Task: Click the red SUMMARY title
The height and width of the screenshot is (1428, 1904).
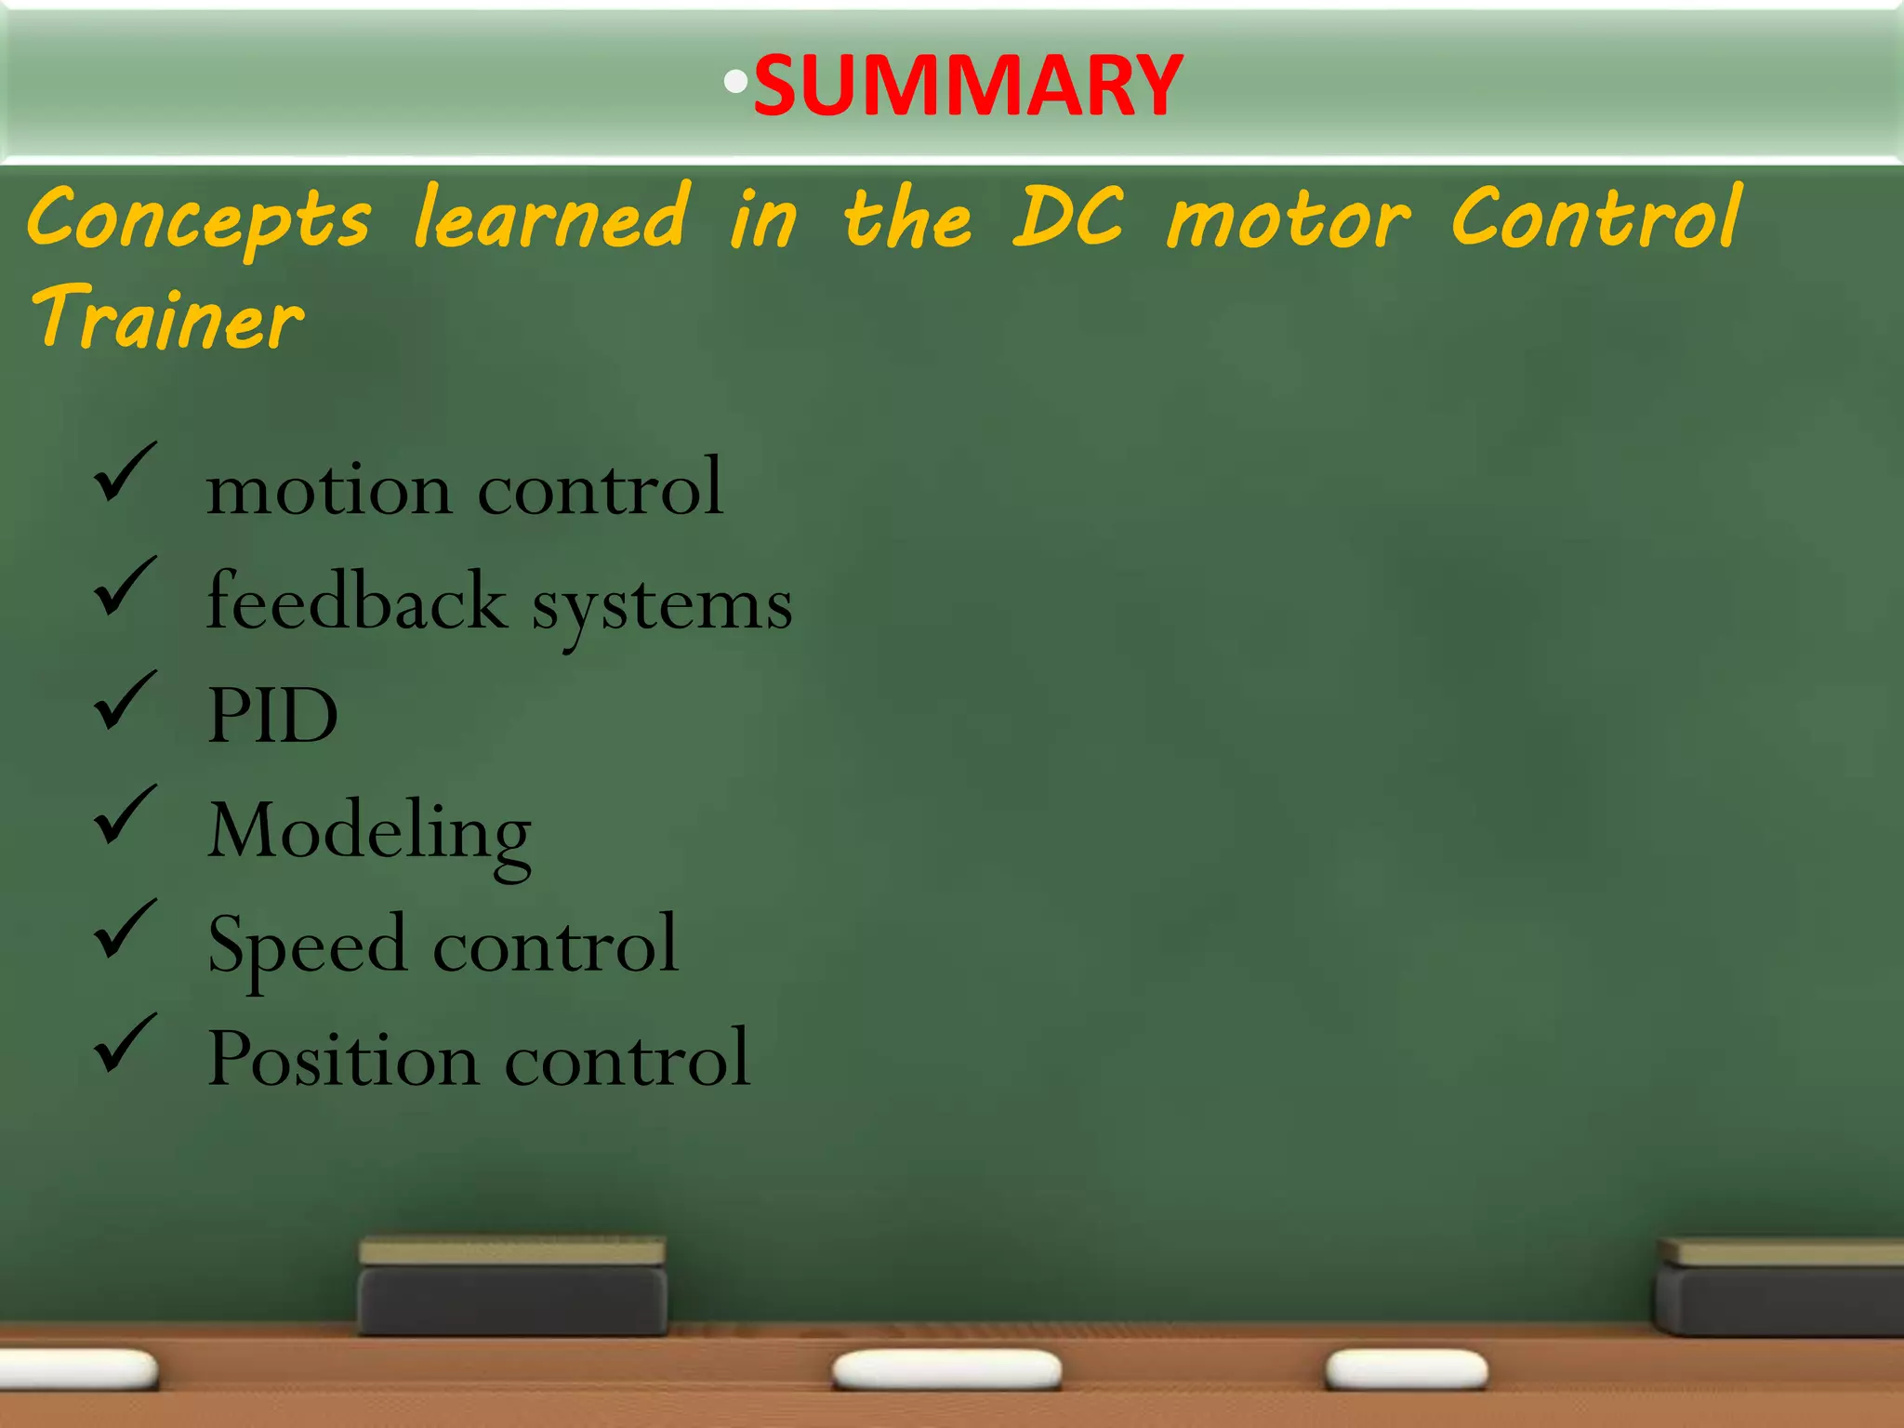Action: click(967, 86)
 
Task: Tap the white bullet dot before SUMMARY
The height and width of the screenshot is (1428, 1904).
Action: click(735, 83)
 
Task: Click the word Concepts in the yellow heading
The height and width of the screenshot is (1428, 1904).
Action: click(199, 220)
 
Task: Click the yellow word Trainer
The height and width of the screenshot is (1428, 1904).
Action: click(167, 318)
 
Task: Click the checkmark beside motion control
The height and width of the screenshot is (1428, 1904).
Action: click(125, 473)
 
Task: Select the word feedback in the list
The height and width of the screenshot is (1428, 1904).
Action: click(356, 602)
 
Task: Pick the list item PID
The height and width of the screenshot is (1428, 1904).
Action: click(272, 715)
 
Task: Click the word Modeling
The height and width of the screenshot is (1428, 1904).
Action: click(369, 832)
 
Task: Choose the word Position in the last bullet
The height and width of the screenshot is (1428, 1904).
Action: click(343, 1058)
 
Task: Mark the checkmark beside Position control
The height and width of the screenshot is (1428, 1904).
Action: click(125, 1045)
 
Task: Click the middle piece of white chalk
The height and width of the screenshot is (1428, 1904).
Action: click(946, 1370)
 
